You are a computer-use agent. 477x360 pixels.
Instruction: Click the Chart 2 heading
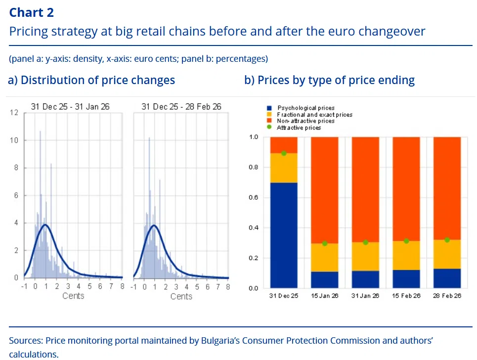point(32,12)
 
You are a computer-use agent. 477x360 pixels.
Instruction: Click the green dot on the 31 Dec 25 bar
point(284,153)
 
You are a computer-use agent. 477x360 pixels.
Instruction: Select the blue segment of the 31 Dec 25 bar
point(284,235)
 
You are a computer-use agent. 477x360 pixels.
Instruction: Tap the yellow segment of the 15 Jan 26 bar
point(324,258)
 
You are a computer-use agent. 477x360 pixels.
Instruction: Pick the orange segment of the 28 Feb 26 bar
point(447,188)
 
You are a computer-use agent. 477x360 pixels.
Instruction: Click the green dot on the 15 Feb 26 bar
point(406,241)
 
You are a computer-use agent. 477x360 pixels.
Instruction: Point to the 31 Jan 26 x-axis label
point(365,295)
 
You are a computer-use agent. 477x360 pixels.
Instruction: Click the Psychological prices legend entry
point(305,108)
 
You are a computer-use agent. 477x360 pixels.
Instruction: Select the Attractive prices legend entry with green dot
point(299,128)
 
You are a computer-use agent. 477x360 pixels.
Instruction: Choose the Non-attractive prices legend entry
point(305,121)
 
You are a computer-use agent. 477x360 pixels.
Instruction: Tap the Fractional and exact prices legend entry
point(314,114)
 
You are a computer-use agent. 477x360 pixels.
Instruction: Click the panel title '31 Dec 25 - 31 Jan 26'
point(70,106)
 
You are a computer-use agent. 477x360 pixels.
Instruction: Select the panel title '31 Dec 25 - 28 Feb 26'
point(181,106)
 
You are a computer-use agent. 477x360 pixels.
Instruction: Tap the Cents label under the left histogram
point(73,296)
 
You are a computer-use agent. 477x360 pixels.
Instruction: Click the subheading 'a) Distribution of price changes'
point(91,80)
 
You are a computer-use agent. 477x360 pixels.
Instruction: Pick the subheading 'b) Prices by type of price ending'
point(329,80)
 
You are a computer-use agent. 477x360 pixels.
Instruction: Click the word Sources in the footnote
point(24,340)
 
